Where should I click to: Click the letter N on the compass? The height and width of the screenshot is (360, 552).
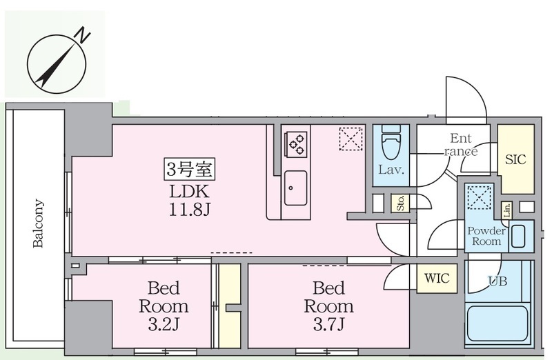(83, 35)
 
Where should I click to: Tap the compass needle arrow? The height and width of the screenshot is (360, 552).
(57, 66)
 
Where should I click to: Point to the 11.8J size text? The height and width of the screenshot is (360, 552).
(190, 210)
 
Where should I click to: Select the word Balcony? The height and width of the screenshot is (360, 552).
(38, 223)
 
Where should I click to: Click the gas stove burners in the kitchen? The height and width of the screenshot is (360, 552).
(297, 144)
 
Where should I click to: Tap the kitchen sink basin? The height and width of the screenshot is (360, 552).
(295, 188)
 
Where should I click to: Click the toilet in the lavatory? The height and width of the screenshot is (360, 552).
(391, 143)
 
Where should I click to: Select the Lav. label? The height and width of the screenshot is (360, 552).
(391, 170)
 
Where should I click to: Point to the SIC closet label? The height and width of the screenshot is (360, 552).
(515, 160)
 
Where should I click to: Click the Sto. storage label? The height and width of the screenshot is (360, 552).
(400, 203)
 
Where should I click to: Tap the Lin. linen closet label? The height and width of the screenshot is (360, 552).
(507, 210)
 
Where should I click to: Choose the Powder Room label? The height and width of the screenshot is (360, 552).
(486, 236)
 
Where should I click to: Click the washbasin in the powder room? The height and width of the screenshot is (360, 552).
(518, 236)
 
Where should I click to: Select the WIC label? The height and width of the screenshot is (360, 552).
(437, 279)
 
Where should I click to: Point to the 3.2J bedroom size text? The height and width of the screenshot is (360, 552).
(164, 324)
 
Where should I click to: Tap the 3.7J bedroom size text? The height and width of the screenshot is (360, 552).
(329, 324)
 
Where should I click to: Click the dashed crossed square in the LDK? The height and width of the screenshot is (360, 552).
(351, 139)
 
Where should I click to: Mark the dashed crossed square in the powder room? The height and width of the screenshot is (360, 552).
(479, 197)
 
